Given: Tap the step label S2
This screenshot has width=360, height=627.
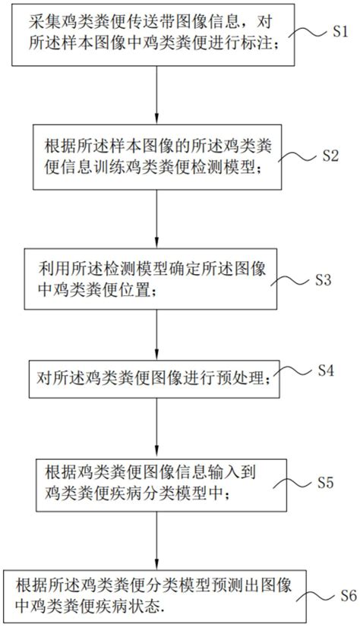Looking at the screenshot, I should pos(329,156).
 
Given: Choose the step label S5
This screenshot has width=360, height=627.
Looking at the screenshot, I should pos(325,482).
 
